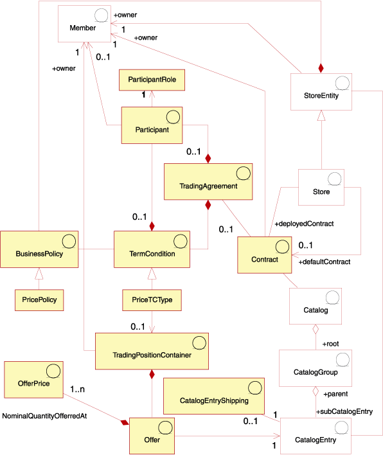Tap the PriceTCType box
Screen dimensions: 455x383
(152, 299)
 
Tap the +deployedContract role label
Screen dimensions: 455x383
(304, 224)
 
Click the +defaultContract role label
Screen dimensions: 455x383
(324, 262)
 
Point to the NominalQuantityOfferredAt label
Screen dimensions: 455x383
(45, 416)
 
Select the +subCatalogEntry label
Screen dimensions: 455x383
(344, 411)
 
